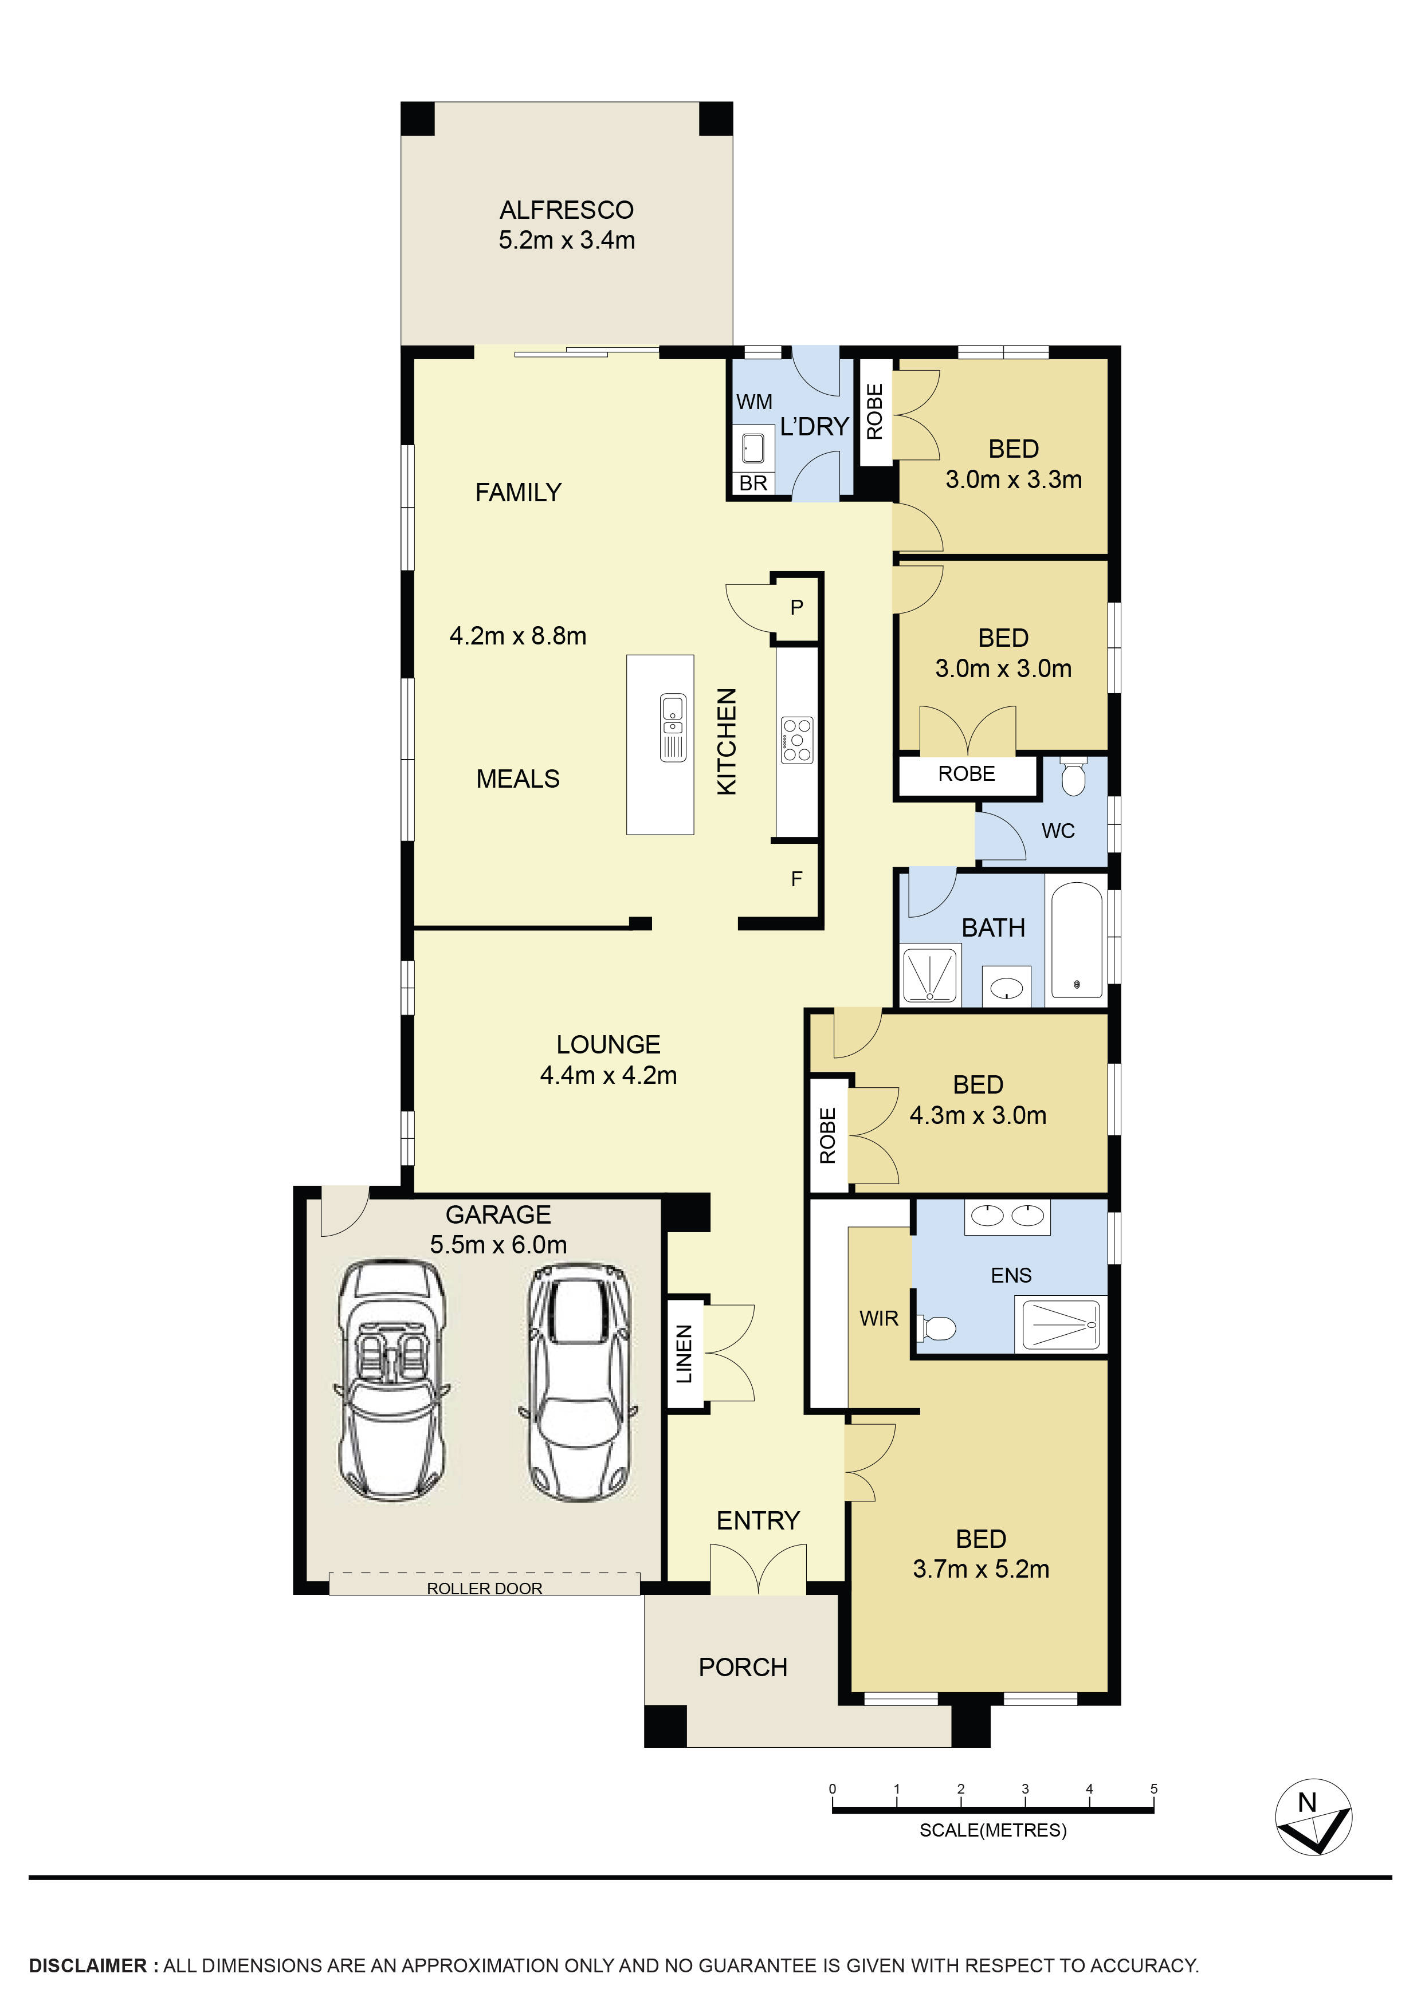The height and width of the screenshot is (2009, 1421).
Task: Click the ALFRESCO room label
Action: pyautogui.click(x=566, y=210)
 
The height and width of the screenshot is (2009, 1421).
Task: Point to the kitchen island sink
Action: pyautogui.click(x=673, y=726)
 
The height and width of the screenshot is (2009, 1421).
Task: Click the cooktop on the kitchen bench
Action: pyautogui.click(x=797, y=740)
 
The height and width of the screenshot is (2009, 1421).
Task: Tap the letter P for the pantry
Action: pyautogui.click(x=796, y=607)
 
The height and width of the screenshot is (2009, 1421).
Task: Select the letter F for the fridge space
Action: pyautogui.click(x=796, y=879)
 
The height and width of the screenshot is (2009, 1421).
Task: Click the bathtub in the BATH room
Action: pyautogui.click(x=1076, y=941)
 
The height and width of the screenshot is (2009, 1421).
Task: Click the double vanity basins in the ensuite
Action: pyautogui.click(x=1007, y=1216)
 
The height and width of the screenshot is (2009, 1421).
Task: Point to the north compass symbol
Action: pyautogui.click(x=1313, y=1817)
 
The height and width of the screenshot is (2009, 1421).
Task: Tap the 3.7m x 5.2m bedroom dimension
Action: pyautogui.click(x=981, y=1569)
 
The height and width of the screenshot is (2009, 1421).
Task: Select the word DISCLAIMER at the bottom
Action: pyautogui.click(x=88, y=1965)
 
